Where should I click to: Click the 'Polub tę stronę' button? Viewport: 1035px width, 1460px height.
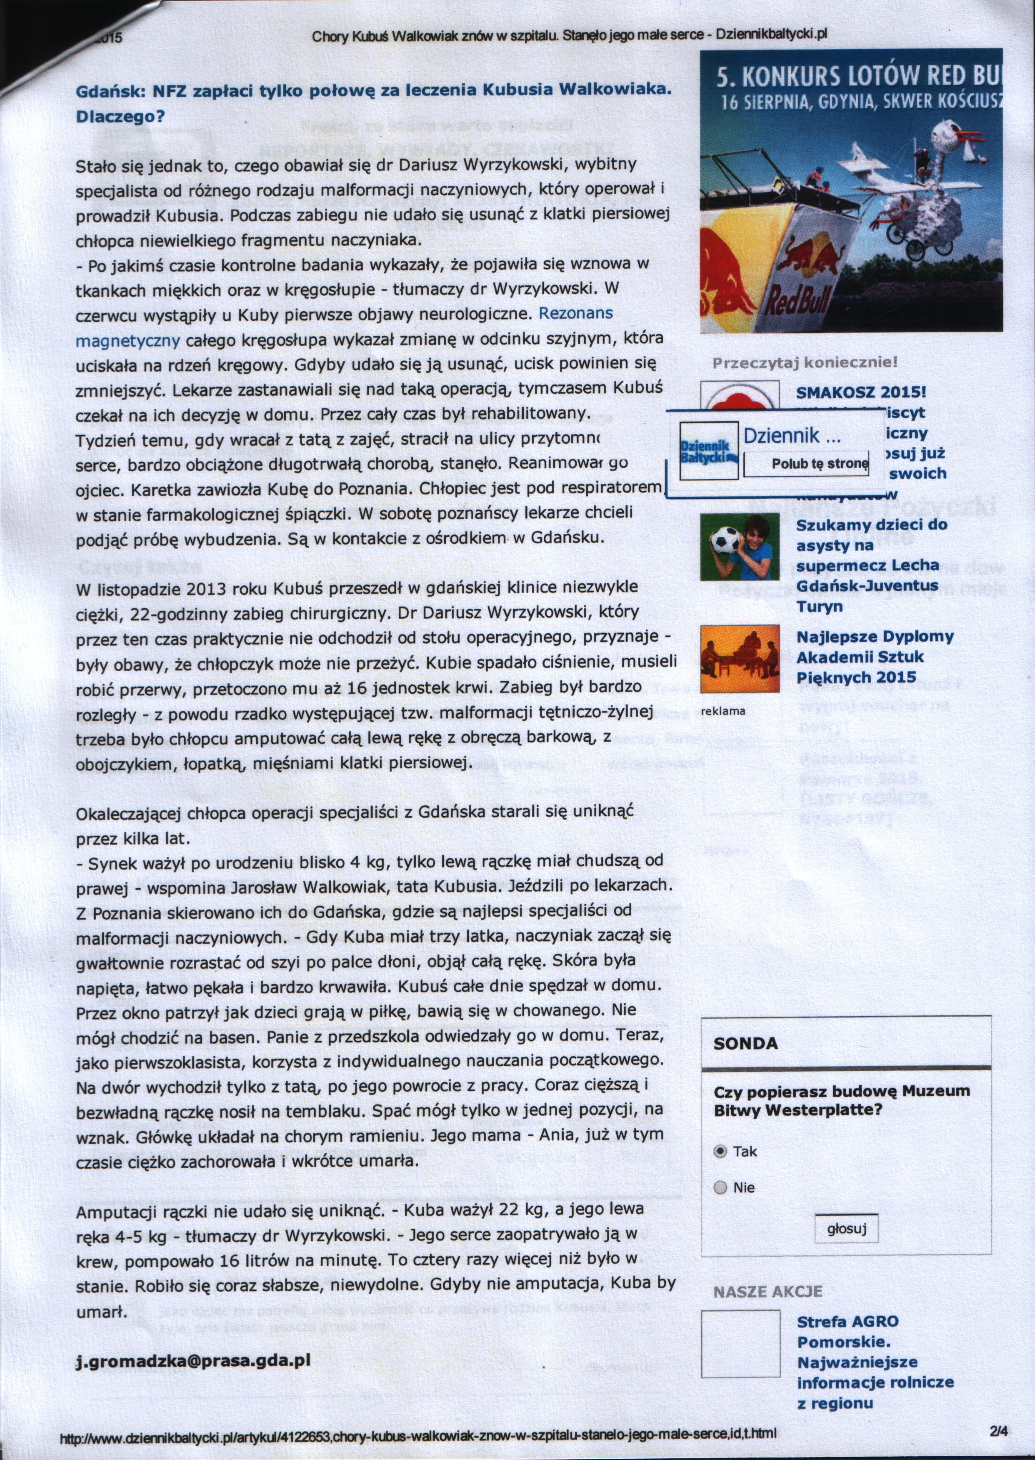coord(819,464)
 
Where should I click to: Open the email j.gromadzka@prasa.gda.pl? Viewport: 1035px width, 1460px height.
coord(193,1360)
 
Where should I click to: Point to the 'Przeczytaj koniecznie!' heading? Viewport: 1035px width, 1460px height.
coord(804,362)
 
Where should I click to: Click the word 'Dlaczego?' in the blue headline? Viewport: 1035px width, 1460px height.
coord(120,117)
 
